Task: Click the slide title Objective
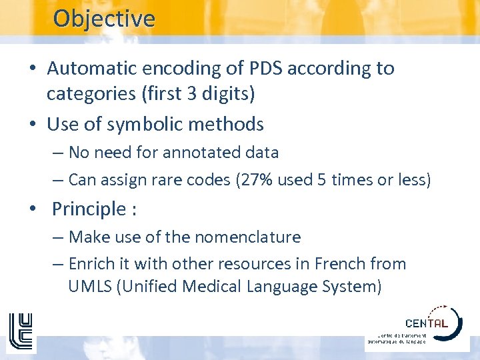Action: coord(103,18)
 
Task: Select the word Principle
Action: coord(89,209)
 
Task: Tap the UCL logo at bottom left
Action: coord(20,331)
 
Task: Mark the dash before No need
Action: coord(57,153)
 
